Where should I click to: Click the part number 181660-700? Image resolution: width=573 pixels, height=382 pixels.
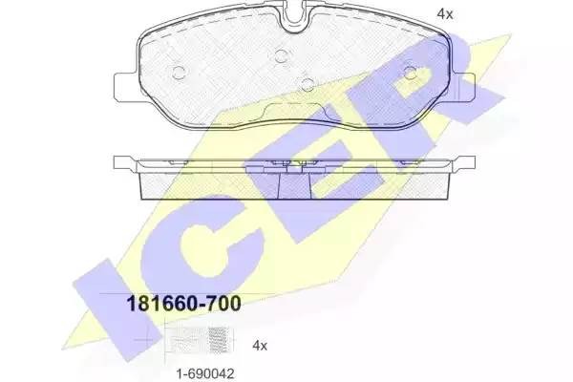click(x=178, y=304)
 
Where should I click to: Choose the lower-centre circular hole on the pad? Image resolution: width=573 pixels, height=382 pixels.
click(x=307, y=83)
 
